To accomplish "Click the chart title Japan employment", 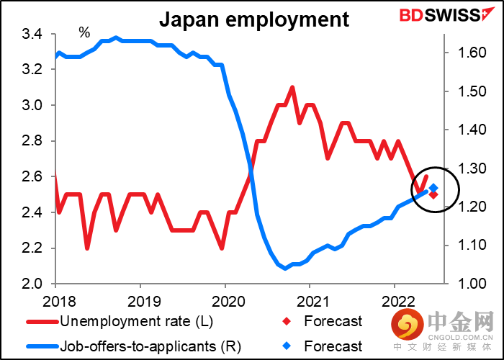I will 253,19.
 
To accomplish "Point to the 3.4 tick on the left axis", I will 32,35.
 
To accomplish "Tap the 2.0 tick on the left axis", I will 32,284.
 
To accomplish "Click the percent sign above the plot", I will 84,32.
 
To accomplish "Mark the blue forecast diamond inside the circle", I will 433,189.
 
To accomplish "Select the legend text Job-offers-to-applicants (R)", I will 147,346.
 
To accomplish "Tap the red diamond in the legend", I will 287,321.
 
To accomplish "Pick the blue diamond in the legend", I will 287,346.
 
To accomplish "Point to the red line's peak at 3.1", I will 292,88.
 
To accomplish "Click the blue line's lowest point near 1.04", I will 285,268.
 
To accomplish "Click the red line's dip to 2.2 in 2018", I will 87,248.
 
